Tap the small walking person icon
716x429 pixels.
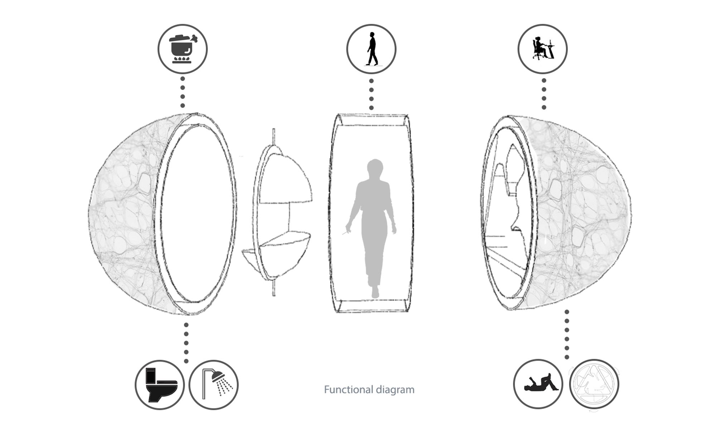point(372,49)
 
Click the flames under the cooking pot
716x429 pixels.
point(182,59)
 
